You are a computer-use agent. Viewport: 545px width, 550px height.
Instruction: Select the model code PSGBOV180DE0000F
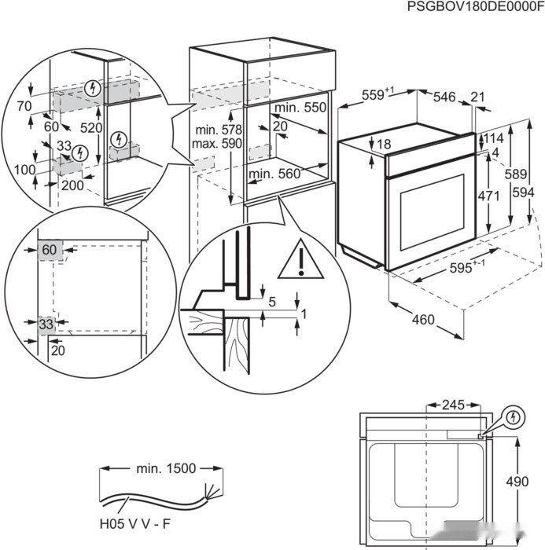(x=475, y=7)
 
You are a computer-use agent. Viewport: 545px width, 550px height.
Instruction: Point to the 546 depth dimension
(x=445, y=97)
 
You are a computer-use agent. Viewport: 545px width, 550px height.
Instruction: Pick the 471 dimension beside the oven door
(x=489, y=196)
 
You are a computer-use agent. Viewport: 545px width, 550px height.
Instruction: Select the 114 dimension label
(x=492, y=137)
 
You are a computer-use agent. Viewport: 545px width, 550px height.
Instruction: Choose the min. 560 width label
(x=274, y=174)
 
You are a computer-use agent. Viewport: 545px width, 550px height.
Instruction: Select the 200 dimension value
(x=72, y=185)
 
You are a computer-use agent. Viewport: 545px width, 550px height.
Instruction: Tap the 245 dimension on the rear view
(x=453, y=405)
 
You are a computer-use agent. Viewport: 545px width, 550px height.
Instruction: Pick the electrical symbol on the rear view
(x=514, y=416)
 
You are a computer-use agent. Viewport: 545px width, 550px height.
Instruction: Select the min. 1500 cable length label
(x=165, y=468)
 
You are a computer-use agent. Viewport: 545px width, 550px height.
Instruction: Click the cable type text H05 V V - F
(x=138, y=521)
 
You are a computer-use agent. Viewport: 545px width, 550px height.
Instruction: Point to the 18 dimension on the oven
(x=384, y=144)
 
